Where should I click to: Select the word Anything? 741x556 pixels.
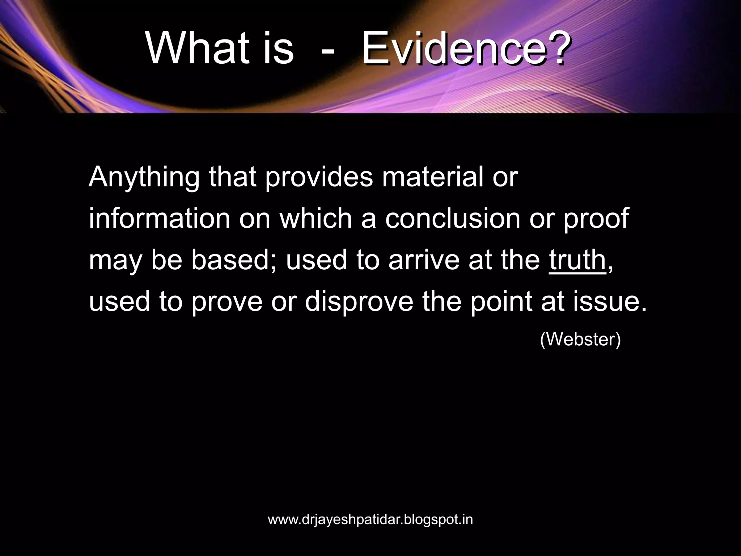point(144,177)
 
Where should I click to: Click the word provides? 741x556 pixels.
point(319,177)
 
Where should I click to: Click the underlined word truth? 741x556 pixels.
point(577,260)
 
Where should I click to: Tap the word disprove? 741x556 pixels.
point(359,302)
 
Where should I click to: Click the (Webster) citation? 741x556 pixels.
point(580,340)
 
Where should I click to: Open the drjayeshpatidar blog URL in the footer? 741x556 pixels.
point(370,519)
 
